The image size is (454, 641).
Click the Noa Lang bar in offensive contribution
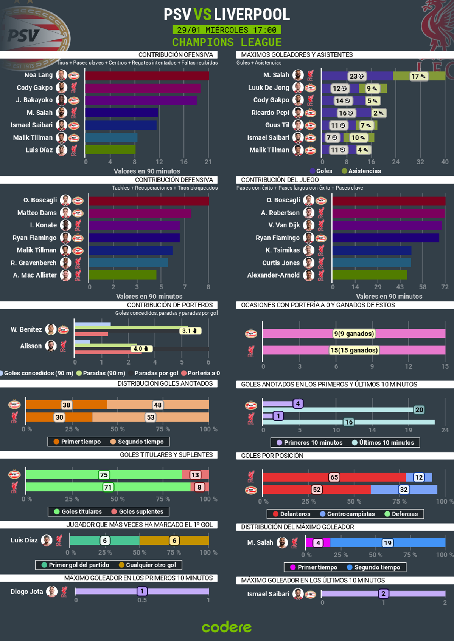[147, 76]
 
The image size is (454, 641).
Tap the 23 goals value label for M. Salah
[356, 76]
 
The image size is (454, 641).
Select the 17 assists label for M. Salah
[418, 76]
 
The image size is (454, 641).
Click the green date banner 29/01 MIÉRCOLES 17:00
[227, 30]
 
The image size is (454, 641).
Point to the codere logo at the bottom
[227, 627]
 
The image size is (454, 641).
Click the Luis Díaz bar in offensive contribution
[110, 150]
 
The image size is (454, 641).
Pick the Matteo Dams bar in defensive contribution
[140, 213]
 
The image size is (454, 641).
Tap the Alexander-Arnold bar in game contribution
[370, 275]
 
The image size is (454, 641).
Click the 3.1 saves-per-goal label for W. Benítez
[190, 331]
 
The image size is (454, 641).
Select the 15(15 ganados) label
[354, 350]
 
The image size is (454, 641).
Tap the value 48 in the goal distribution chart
[158, 405]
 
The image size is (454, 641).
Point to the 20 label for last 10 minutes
[419, 410]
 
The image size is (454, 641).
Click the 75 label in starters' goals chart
[104, 475]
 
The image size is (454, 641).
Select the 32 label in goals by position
[404, 490]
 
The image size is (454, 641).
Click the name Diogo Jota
[27, 592]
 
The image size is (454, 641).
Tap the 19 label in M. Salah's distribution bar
[387, 543]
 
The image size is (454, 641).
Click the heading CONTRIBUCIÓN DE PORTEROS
[170, 305]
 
